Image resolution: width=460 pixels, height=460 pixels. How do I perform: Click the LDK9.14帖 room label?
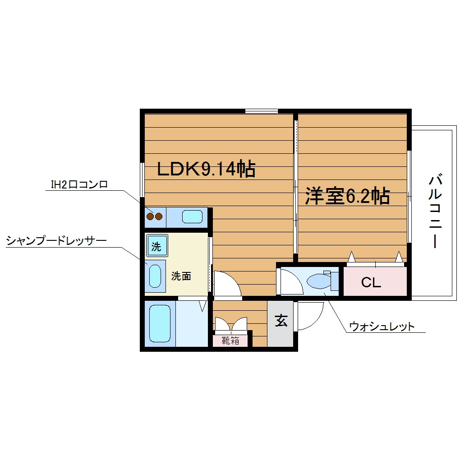[x=206, y=169]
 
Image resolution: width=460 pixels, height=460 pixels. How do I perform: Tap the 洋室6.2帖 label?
[x=347, y=196]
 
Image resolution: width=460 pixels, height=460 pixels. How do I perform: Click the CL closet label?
[x=371, y=283]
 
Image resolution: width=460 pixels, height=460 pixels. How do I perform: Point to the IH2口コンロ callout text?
[x=79, y=184]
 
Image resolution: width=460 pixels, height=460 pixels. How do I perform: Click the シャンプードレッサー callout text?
[x=56, y=241]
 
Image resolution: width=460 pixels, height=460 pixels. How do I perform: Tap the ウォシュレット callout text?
[x=382, y=327]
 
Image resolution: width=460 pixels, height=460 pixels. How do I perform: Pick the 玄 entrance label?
[x=281, y=321]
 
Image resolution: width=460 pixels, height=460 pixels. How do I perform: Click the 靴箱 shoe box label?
[x=230, y=340]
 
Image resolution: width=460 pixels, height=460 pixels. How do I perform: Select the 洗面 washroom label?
[x=181, y=276]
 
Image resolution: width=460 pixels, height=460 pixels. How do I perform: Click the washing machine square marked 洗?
[x=156, y=246]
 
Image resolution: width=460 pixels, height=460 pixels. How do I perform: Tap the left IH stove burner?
[x=150, y=216]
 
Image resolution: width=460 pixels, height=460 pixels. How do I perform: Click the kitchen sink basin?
[x=192, y=217]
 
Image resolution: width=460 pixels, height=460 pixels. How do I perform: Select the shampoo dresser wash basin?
[x=155, y=276]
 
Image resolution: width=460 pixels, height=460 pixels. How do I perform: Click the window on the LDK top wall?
[x=261, y=111]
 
